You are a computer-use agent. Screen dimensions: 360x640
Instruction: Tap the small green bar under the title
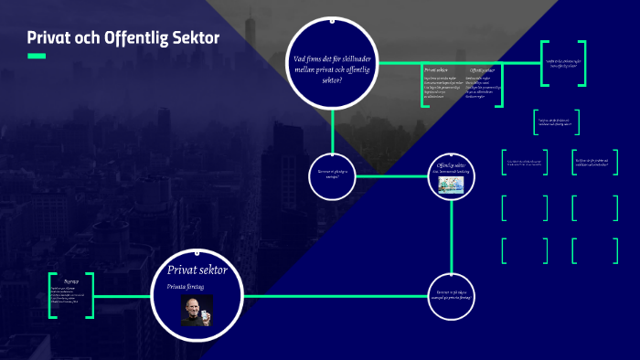click(37, 57)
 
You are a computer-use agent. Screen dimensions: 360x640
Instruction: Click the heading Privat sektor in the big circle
click(197, 270)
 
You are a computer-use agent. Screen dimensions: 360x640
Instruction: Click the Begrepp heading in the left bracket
click(71, 281)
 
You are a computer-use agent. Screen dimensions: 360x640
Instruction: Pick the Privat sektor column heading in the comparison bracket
click(436, 69)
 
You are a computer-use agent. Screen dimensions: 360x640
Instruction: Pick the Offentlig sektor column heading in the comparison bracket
click(483, 69)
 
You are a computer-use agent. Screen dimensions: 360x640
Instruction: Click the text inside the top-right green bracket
click(563, 63)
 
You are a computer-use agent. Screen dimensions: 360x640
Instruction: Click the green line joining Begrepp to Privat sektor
click(123, 296)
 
